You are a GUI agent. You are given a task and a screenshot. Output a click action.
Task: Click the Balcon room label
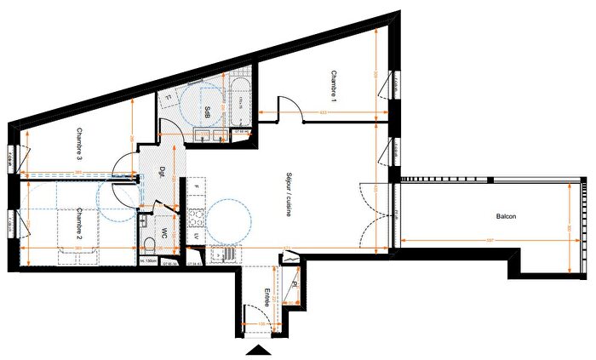click(x=507, y=217)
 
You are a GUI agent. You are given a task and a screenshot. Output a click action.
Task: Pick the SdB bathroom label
click(x=209, y=111)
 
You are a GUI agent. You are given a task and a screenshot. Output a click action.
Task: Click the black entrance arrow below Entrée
click(x=257, y=351)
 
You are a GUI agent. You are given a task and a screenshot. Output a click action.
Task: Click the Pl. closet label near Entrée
click(x=294, y=285)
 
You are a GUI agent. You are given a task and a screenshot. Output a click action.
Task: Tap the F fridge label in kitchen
click(x=196, y=186)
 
